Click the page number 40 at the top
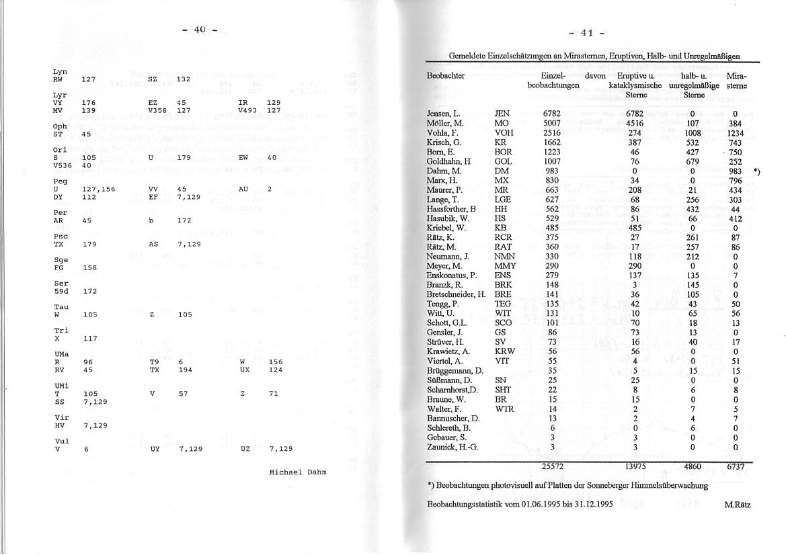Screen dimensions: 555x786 click(199, 30)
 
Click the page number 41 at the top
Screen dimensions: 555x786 click(586, 33)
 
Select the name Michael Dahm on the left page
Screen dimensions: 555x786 click(297, 472)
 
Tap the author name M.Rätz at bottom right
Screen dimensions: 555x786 click(738, 504)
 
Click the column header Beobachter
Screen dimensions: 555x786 click(446, 76)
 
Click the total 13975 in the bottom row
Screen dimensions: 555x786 click(635, 466)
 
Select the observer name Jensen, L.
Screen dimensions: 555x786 click(443, 114)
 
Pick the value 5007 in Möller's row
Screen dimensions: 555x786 click(552, 124)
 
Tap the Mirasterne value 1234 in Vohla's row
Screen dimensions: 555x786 click(735, 133)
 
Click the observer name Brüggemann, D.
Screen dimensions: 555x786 click(455, 370)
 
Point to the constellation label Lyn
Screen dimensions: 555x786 click(59, 71)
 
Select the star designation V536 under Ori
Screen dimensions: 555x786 click(63, 165)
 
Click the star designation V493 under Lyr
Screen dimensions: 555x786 click(249, 110)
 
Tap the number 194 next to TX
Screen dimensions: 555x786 click(185, 370)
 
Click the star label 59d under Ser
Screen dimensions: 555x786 click(61, 292)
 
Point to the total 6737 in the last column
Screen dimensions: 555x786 click(735, 466)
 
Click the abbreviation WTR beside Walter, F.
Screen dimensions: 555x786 click(504, 409)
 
